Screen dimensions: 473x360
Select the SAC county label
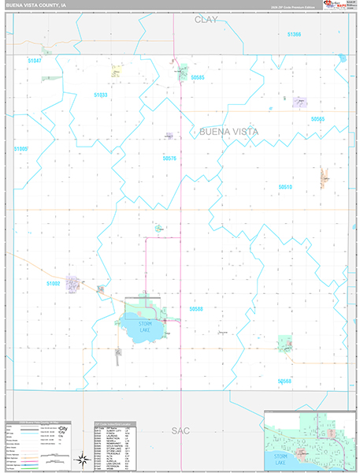point(180,430)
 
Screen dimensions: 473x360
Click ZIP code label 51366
point(295,35)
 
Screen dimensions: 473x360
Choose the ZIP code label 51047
point(33,60)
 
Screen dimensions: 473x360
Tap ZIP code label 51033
point(100,95)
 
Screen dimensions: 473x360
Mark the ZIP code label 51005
point(20,148)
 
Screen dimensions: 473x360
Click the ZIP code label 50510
point(285,187)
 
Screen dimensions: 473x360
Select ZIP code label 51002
point(54,283)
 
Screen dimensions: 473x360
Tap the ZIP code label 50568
point(284,381)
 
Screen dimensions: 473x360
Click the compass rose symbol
point(80,458)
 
